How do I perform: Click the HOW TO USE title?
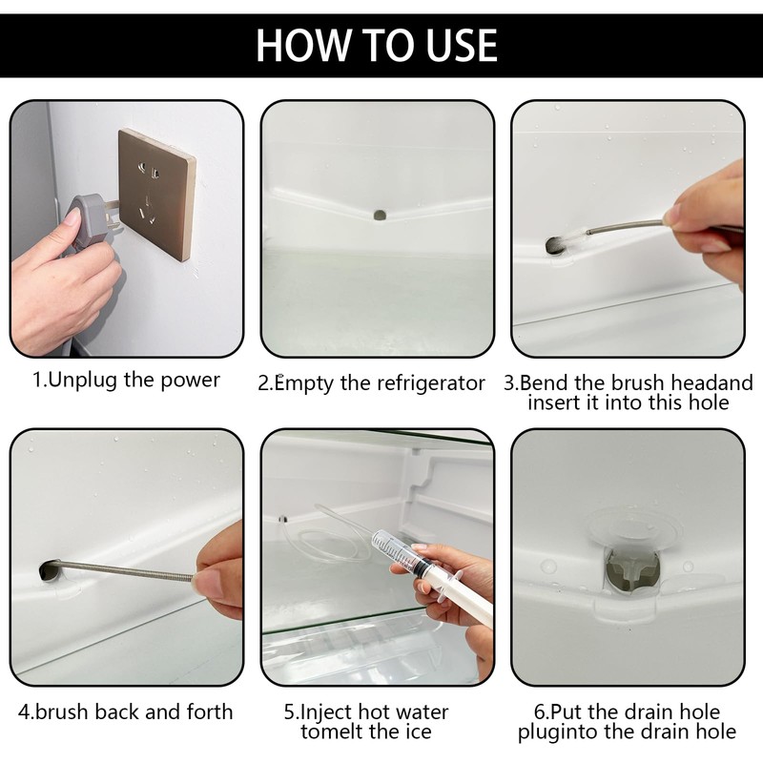377,45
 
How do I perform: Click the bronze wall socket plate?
156,195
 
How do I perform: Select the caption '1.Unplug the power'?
126,380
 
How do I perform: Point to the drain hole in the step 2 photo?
380,215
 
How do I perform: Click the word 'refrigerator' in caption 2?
431,383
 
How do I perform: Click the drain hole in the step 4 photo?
51,571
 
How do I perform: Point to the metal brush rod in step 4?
124,569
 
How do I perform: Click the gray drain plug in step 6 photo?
632,569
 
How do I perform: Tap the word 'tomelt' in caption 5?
331,732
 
